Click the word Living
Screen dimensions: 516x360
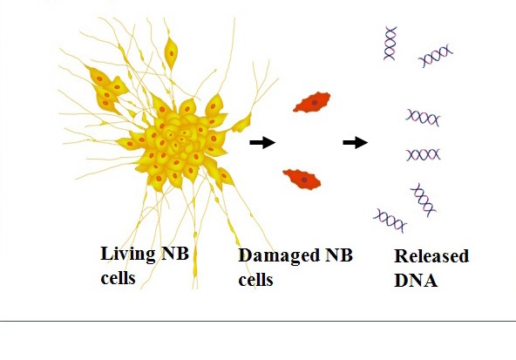click(128, 255)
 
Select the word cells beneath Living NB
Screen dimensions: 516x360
click(118, 277)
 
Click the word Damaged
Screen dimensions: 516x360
click(279, 256)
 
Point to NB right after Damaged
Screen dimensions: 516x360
click(339, 255)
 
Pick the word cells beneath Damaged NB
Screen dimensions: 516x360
click(255, 280)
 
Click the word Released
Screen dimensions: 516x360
click(431, 256)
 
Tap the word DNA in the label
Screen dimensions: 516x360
click(416, 281)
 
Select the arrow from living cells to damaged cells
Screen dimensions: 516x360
click(262, 142)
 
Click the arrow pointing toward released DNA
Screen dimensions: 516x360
click(356, 142)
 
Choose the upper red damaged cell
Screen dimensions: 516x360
click(312, 102)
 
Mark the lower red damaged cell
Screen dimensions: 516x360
click(302, 180)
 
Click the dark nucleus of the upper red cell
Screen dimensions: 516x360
click(315, 103)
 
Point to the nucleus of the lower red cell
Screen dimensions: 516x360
click(304, 180)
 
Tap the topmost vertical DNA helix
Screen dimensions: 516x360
click(390, 44)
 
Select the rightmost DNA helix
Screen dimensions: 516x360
click(436, 56)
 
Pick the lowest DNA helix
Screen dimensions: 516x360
click(390, 221)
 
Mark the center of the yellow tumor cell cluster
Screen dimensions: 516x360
click(178, 141)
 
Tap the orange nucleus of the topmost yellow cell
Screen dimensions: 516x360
click(172, 54)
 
